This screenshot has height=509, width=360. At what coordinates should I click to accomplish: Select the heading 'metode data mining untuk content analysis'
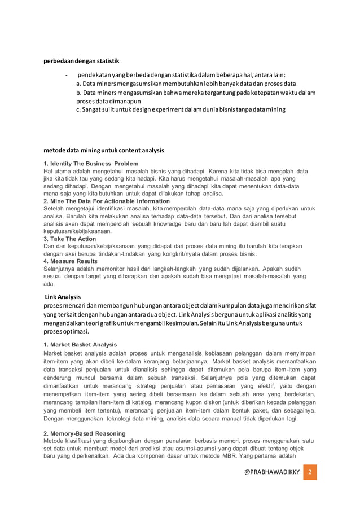pyautogui.click(x=104, y=151)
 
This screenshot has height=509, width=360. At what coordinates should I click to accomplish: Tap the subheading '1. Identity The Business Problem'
pyautogui.click(x=91, y=164)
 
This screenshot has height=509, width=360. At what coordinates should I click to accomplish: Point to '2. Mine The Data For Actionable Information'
pyautogui.click(x=107, y=201)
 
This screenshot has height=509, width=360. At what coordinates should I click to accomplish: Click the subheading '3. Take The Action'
pyautogui.click(x=71, y=239)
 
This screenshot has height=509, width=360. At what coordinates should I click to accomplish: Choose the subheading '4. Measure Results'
pyautogui.click(x=71, y=261)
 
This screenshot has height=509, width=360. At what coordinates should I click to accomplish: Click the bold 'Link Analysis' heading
pyautogui.click(x=63, y=297)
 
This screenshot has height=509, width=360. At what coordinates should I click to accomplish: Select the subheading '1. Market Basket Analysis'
pyautogui.click(x=80, y=344)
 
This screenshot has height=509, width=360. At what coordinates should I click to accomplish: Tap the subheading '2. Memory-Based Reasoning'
pyautogui.click(x=84, y=433)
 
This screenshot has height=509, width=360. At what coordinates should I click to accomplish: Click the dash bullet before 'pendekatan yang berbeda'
pyautogui.click(x=67, y=76)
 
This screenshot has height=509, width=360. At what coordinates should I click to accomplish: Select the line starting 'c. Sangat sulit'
pyautogui.click(x=181, y=109)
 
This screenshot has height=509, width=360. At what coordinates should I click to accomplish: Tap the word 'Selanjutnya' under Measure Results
pyautogui.click(x=59, y=269)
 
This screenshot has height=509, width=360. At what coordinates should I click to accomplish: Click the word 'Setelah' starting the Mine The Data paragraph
pyautogui.click(x=54, y=209)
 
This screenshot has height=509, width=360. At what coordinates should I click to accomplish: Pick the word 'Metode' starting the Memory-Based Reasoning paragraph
pyautogui.click(x=54, y=441)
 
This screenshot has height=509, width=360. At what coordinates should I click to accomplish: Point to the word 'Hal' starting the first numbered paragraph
pyautogui.click(x=49, y=171)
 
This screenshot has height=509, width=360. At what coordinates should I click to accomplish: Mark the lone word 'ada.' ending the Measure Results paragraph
pyautogui.click(x=49, y=284)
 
